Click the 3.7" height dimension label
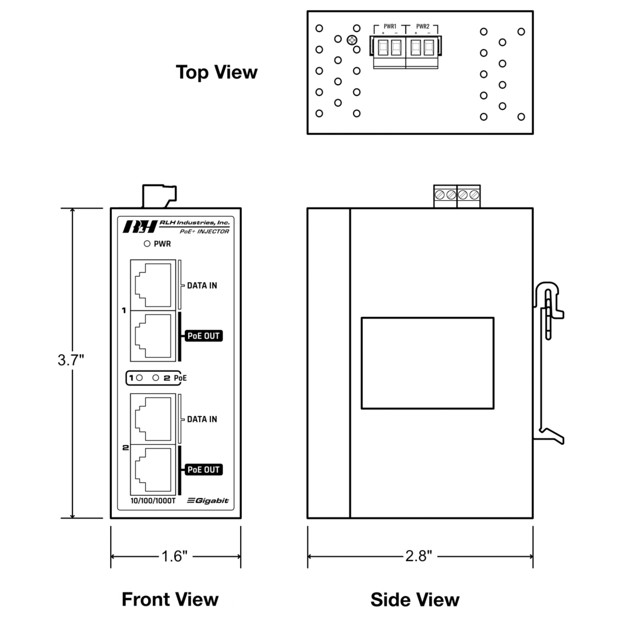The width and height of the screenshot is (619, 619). point(70,360)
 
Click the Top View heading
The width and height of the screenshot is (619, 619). point(216,73)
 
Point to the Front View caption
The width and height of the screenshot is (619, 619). point(170,599)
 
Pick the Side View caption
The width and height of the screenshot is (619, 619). point(415,600)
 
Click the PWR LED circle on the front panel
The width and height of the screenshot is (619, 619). point(146,244)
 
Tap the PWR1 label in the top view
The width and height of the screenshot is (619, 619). point(390,27)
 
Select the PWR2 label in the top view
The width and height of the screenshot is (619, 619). point(423,27)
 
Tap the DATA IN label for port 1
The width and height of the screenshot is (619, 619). point(202,286)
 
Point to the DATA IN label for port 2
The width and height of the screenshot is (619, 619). point(202,419)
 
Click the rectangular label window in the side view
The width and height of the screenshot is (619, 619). point(427,363)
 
